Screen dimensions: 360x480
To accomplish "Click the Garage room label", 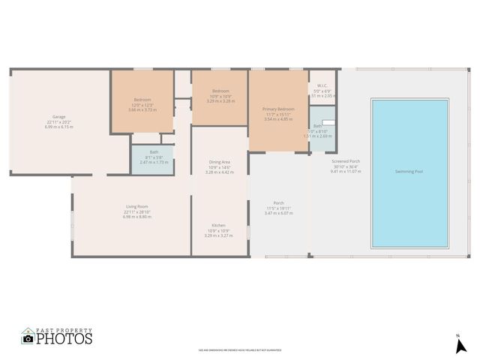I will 58,117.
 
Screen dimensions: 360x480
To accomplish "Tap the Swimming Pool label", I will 410,172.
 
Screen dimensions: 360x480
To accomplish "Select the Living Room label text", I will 136,206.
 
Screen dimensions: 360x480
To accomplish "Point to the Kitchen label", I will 218,225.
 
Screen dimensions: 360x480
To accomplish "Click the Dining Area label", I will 219,162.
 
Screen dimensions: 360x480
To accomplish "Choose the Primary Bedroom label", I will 278,109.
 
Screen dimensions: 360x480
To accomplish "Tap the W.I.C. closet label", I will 322,86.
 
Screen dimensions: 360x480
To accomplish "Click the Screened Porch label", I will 346,161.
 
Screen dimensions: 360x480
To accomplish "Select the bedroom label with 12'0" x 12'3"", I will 142,100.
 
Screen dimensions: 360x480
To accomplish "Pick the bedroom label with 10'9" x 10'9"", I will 220,91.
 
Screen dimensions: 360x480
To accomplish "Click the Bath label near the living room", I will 154,152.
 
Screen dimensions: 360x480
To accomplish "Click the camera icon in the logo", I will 28,338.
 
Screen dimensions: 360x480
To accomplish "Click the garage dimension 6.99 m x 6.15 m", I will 58,127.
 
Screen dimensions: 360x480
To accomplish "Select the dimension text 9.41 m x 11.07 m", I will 346,171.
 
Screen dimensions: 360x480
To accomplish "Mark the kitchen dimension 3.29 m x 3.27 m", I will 218,235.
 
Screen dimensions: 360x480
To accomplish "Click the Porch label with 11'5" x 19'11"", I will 278,202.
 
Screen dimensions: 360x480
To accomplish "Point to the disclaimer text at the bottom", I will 239,349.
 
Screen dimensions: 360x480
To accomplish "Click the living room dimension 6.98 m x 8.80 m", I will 136,217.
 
